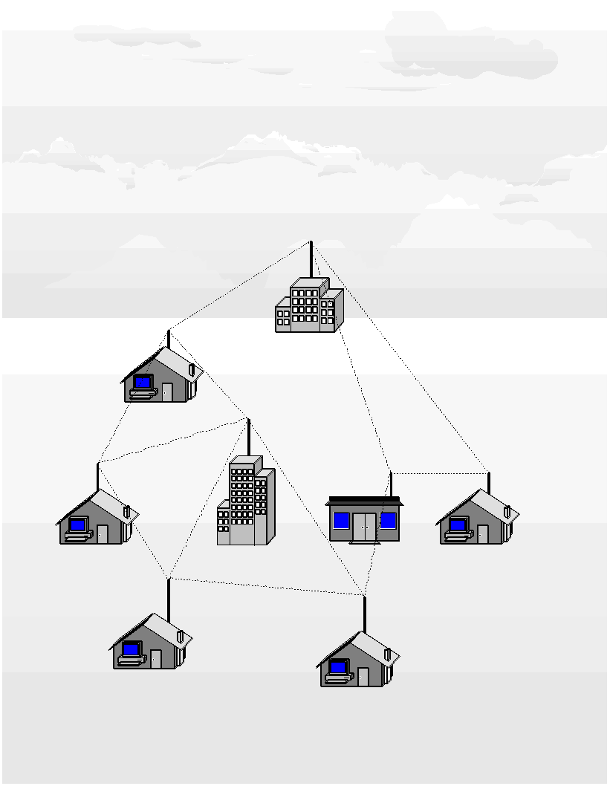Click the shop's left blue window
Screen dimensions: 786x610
(x=341, y=520)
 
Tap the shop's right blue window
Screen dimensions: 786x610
(x=388, y=520)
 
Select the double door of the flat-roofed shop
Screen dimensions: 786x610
(x=364, y=527)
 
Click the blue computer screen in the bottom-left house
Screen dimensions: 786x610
(x=131, y=649)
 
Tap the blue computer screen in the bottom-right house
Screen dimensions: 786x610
(x=338, y=666)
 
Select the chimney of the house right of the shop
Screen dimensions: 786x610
(x=507, y=511)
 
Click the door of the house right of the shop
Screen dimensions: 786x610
(x=482, y=533)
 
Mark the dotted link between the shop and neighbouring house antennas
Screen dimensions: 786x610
(x=438, y=472)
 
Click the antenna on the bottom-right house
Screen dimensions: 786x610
(x=364, y=614)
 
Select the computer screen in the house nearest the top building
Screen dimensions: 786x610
(x=143, y=382)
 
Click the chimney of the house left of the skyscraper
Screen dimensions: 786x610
(x=127, y=511)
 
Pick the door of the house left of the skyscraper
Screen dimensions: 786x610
(x=102, y=533)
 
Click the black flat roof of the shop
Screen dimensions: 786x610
(x=363, y=501)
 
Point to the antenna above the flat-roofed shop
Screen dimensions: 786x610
(x=390, y=484)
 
